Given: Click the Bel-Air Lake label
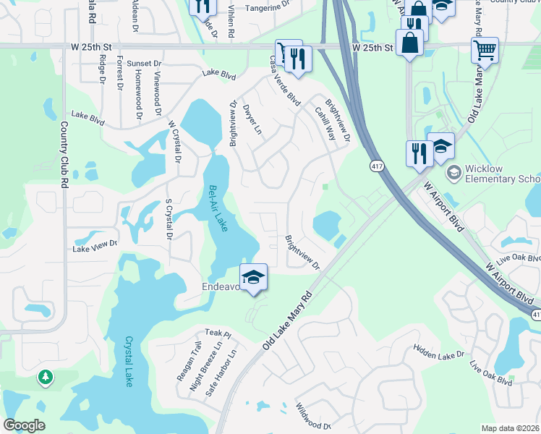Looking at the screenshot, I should point(218,209).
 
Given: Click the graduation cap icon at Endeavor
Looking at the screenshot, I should point(253,277).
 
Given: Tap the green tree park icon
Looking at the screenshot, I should point(46,378).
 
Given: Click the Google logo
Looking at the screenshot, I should point(24,425).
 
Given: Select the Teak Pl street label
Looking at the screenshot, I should point(217,333).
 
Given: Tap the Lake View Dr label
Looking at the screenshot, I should point(95,246).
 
